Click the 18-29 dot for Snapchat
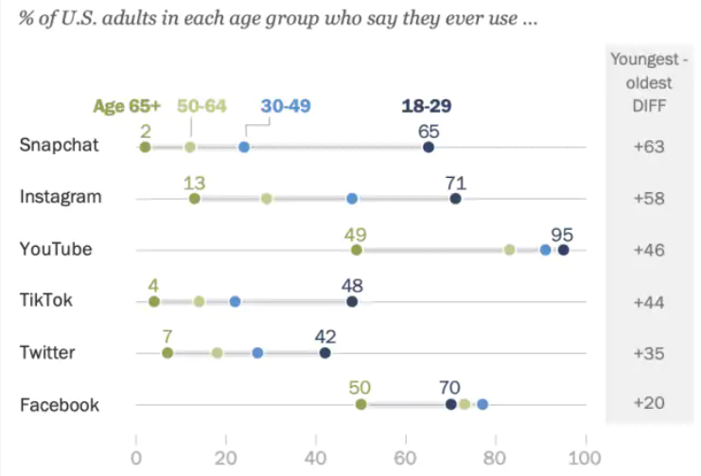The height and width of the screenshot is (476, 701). point(429,147)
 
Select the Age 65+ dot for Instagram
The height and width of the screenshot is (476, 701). point(195,199)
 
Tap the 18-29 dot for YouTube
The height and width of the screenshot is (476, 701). point(564,250)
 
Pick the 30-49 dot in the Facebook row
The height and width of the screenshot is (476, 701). point(482,404)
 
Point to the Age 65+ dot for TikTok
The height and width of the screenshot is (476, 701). point(154,302)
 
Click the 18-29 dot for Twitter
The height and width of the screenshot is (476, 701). point(325,353)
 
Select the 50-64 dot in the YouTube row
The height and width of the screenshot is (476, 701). point(510,250)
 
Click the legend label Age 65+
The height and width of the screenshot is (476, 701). point(127,106)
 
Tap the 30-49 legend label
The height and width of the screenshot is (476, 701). point(286,106)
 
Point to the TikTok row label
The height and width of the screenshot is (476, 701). point(47,301)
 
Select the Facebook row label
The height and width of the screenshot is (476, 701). point(60,404)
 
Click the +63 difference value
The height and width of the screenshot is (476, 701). point(650,147)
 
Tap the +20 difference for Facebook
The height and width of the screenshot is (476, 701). point(650,404)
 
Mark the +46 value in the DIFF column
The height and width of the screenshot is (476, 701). point(650,250)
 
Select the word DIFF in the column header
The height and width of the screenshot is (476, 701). point(650,105)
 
